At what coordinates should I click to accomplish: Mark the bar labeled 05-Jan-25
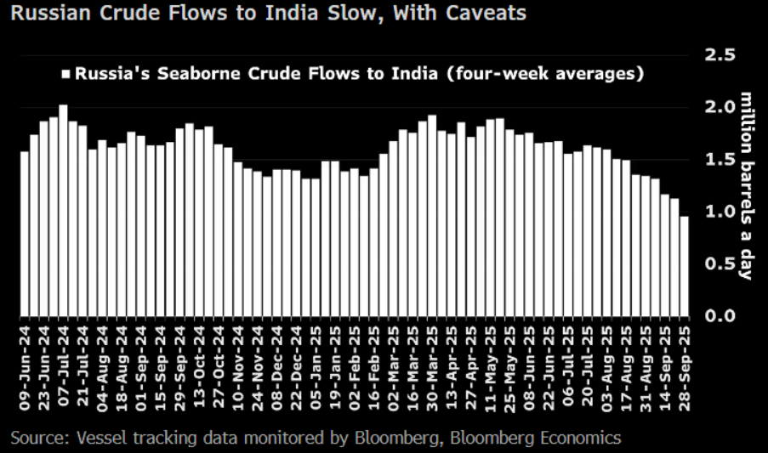tap(315, 247)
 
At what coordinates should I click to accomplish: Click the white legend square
tap(65, 73)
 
